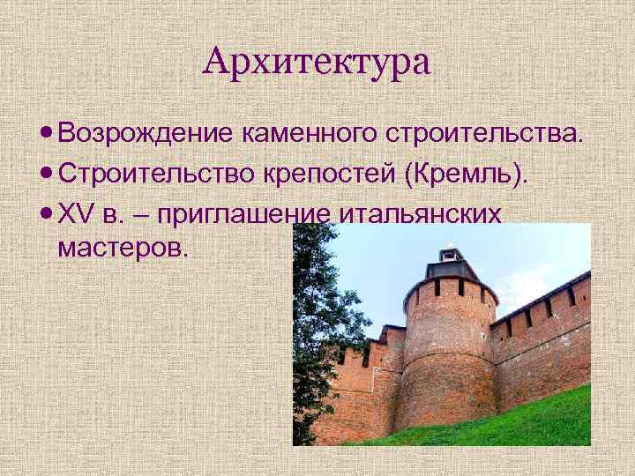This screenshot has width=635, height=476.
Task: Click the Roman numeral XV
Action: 73,212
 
